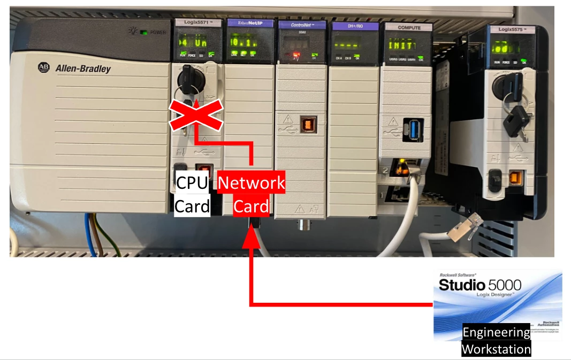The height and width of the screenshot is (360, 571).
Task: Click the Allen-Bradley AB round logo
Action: coord(43,67)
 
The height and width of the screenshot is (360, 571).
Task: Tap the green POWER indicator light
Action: coord(143,32)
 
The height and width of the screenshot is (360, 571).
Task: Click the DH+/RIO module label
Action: coord(353,26)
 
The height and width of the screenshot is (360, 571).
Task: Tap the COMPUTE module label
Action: coord(408,27)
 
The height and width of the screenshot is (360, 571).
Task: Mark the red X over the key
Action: coord(196,114)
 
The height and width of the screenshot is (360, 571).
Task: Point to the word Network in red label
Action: coord(252,183)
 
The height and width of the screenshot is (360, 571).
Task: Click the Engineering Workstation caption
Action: coord(496,341)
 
